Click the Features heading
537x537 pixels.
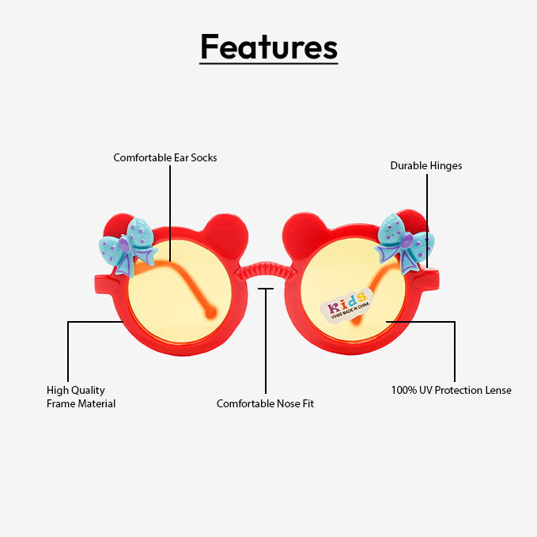[268, 47]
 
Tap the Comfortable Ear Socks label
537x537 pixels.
[165, 157]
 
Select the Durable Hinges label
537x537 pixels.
[425, 165]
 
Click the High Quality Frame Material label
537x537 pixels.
[81, 397]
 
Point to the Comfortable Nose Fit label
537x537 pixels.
[265, 403]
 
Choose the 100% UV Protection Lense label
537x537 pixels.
[451, 390]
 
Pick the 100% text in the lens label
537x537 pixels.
[403, 390]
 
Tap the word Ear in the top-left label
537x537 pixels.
[181, 157]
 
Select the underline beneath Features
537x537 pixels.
[268, 63]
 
